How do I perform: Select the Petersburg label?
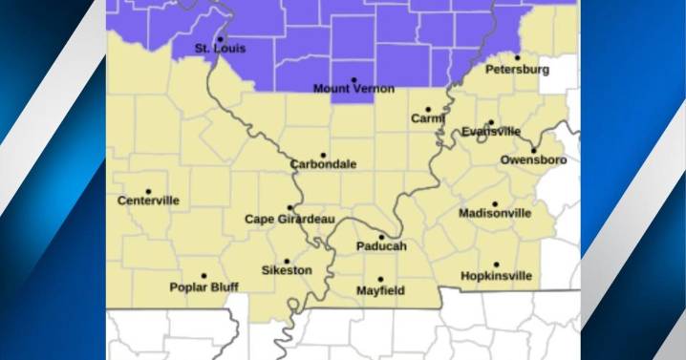pos(517,70)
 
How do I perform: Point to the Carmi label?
pos(428,118)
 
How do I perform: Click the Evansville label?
pos(491,132)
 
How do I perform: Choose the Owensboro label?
pos(533,159)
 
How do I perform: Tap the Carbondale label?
pos(324,164)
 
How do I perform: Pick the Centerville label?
pos(148,201)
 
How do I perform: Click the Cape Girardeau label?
pos(289,219)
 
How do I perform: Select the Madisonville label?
pos(495,213)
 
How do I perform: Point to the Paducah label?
pos(381,246)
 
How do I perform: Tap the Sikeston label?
pos(287,270)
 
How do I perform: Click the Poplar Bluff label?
pos(203,286)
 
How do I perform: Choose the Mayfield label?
pos(380,289)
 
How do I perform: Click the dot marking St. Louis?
pos(221,38)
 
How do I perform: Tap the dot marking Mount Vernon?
pos(354,79)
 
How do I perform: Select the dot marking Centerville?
pos(148,191)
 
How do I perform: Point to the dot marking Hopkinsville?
pos(496,265)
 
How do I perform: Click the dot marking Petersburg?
pos(518,59)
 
